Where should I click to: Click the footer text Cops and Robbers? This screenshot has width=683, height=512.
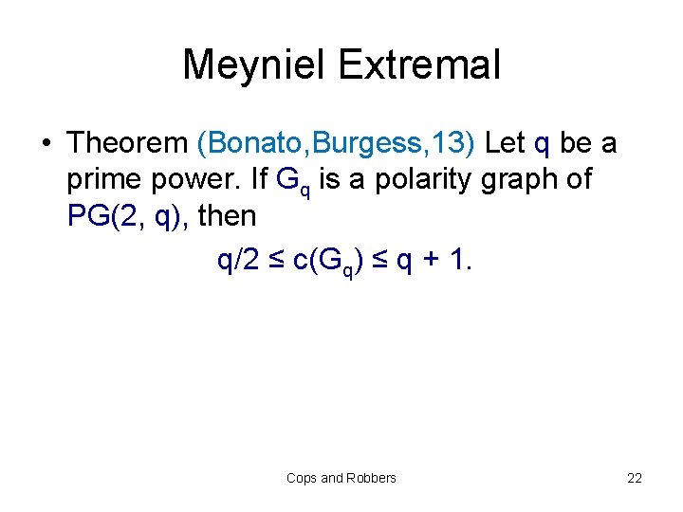[341, 478]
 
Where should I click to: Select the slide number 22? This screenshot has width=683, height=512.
[635, 478]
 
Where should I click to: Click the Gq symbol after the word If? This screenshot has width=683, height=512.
[289, 181]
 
